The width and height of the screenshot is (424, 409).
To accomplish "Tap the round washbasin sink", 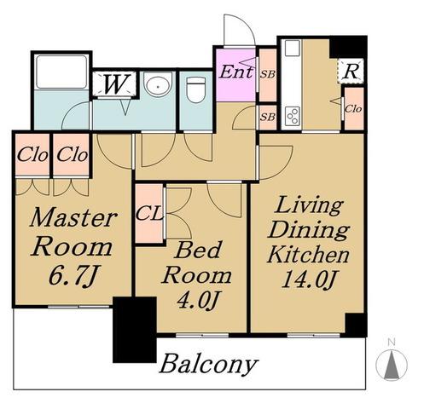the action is tap(158, 84).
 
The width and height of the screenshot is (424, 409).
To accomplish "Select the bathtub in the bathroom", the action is tap(61, 72).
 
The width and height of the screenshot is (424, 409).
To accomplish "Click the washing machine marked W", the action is tap(114, 84).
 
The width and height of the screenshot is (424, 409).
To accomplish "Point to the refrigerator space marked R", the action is tap(351, 71).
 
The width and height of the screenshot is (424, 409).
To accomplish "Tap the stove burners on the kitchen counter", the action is tap(293, 117).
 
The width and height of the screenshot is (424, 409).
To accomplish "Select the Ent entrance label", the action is tap(236, 72).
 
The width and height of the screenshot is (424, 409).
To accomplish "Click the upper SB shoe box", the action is tap(268, 75).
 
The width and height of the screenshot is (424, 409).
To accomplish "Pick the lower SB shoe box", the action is tap(268, 117).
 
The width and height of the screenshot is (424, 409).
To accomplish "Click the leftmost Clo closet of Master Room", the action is tap(32, 155).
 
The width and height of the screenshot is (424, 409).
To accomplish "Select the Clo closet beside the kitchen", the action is tap(353, 109).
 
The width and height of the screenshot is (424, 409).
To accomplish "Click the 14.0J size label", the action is tap(309, 279).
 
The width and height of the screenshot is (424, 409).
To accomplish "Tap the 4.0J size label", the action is tap(198, 300).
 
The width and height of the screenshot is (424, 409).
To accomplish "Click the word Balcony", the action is tap(209, 364).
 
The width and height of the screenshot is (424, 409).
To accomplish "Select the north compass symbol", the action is tap(392, 364).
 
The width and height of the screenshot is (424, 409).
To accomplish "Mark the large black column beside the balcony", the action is tap(135, 330).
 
